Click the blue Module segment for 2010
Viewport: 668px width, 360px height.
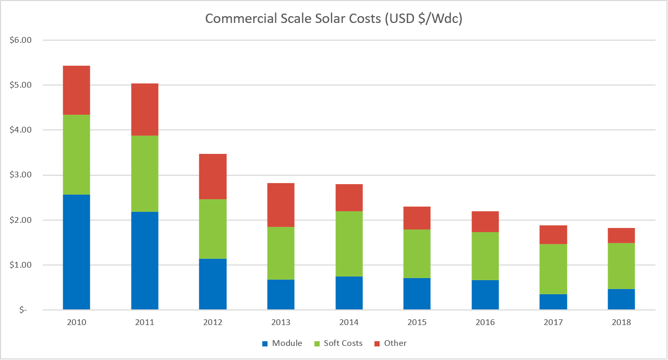pos(76,252)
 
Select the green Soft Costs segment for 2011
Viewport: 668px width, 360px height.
pos(144,173)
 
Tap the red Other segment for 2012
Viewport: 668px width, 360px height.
pos(213,176)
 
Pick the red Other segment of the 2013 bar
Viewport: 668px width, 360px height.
pos(281,205)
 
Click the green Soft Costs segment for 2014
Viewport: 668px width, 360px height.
pos(349,244)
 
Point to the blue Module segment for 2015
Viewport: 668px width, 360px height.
pos(417,294)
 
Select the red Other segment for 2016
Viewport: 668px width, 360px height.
pos(485,222)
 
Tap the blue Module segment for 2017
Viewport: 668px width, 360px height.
pos(553,302)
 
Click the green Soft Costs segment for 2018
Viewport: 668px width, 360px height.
pos(621,266)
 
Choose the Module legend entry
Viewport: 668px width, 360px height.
pos(282,343)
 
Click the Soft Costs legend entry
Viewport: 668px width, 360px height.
pos(338,343)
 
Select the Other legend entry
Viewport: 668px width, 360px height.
pos(390,343)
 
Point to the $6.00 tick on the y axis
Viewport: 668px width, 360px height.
pos(21,40)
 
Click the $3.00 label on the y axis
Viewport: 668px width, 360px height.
pos(21,175)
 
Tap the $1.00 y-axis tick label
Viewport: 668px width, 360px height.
pos(21,265)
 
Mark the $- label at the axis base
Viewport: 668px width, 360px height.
pos(23,310)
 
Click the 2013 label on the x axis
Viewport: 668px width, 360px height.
pos(281,322)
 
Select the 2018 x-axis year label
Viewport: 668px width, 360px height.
pos(621,322)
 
